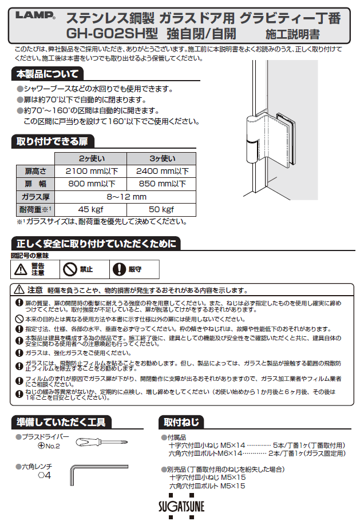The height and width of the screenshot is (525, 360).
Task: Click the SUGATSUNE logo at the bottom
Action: click(180, 506)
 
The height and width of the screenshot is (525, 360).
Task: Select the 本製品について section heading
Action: click(47, 74)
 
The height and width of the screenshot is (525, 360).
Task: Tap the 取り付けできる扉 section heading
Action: click(52, 142)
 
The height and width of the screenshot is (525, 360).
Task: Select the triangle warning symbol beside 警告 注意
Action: click(21, 269)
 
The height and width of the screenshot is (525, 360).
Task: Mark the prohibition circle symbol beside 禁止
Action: click(69, 269)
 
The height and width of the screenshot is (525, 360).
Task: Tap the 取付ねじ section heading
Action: click(181, 423)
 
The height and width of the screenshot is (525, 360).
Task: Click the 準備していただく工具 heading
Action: click(60, 423)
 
